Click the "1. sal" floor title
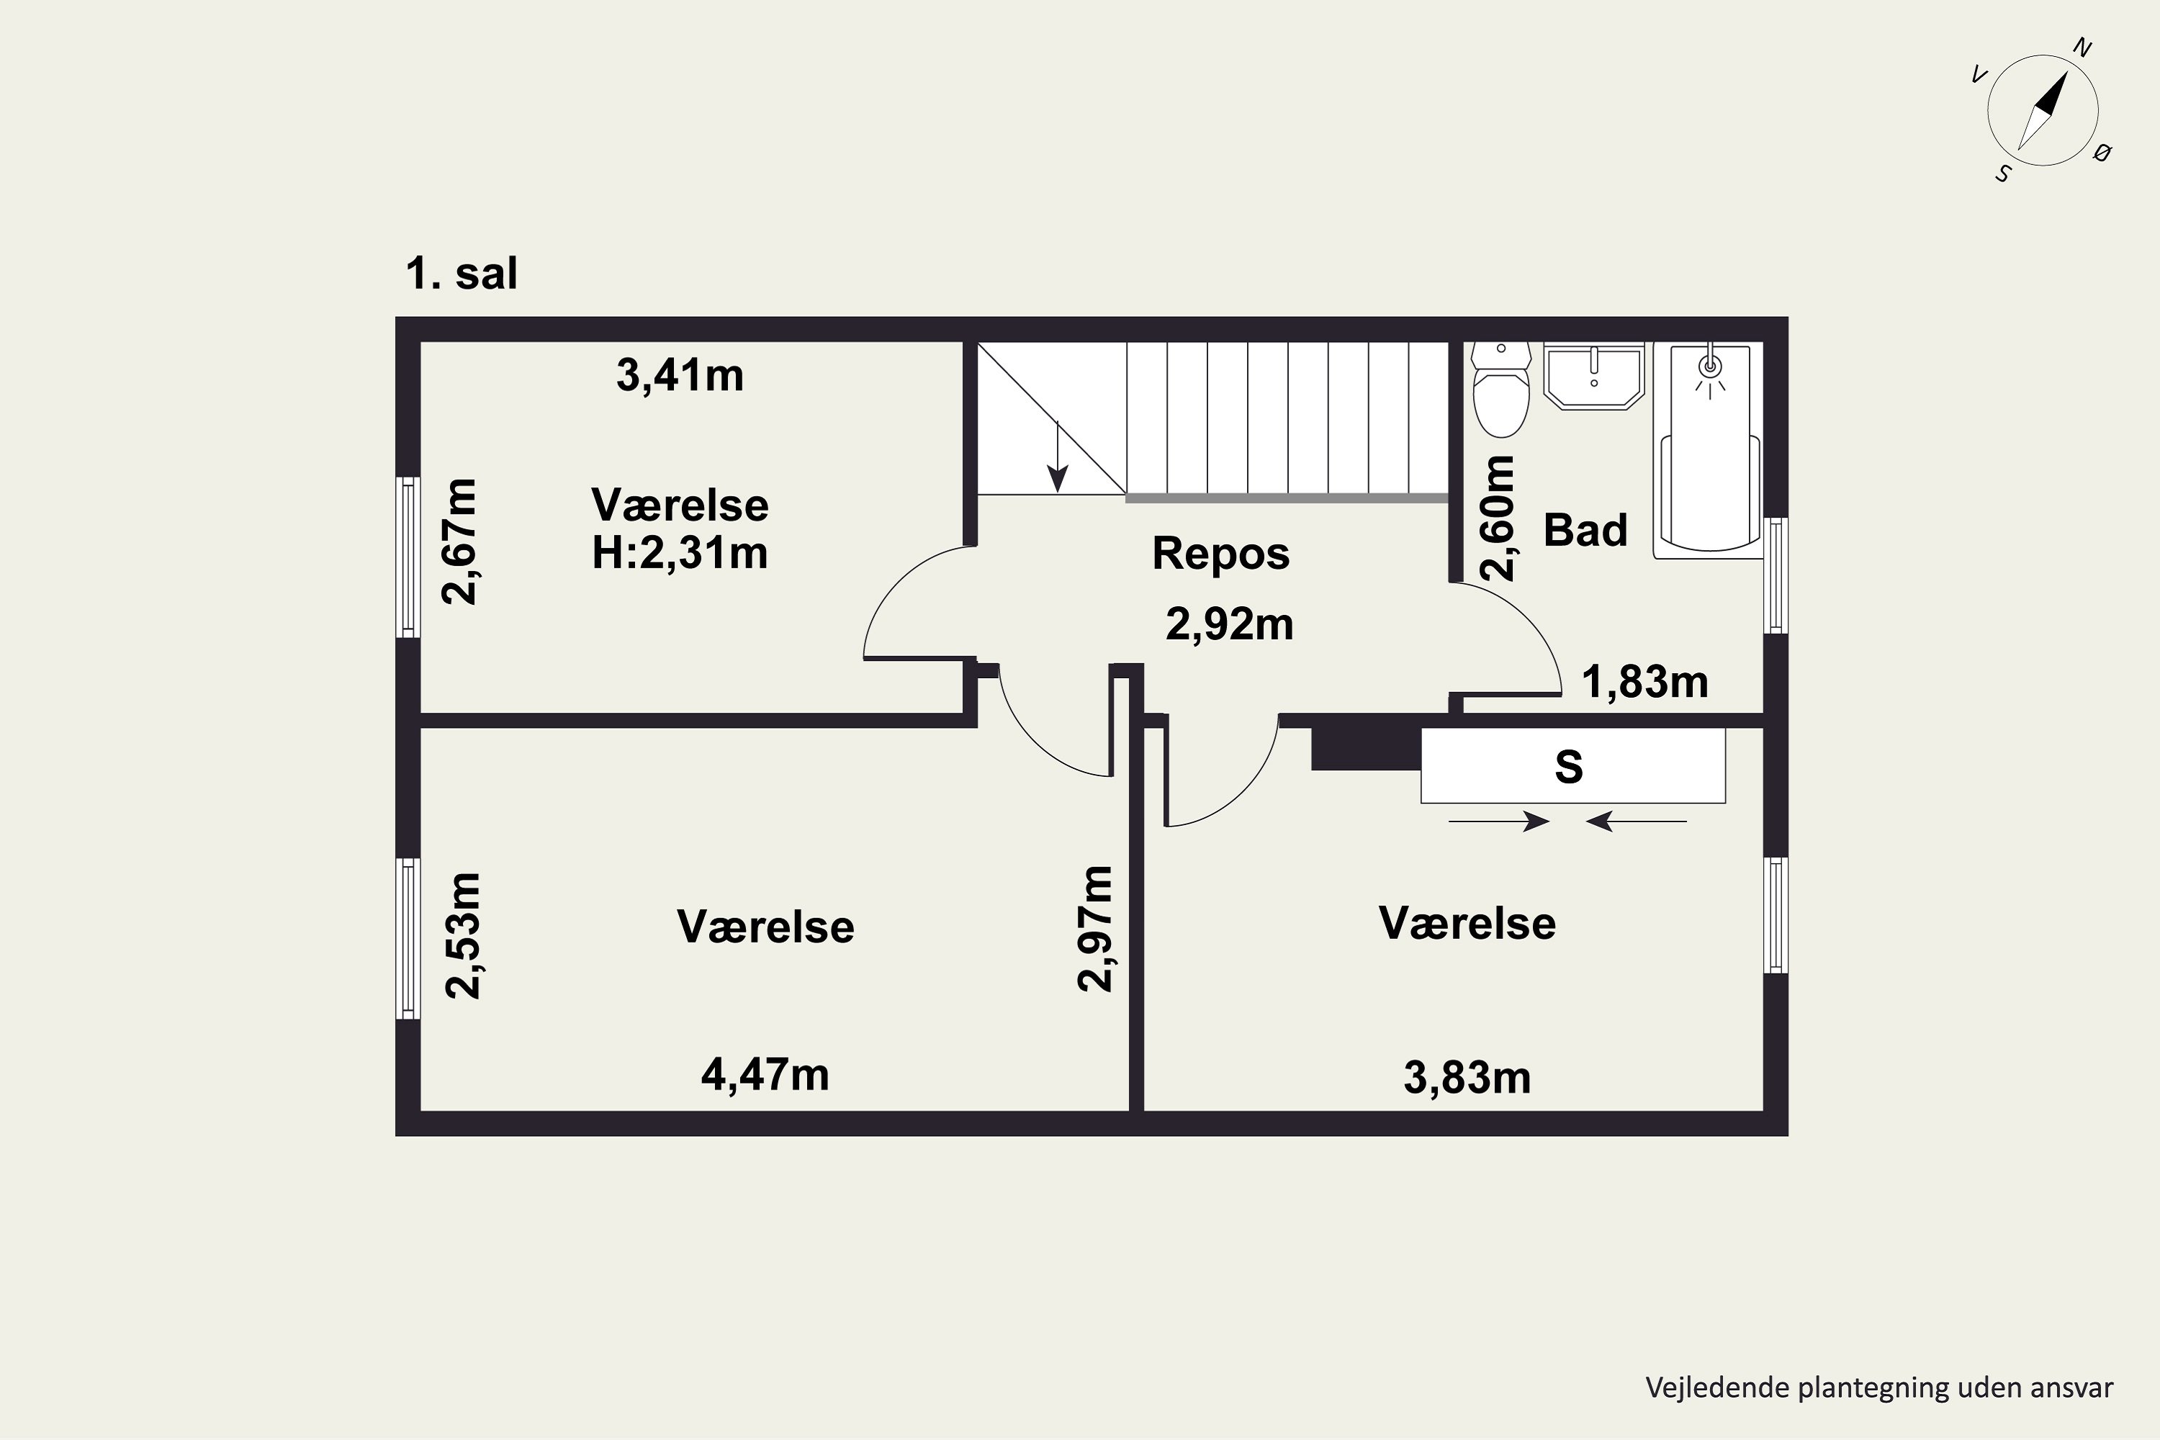462,274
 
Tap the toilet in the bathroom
1501,389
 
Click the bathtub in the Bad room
1710,451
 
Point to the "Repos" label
1220,553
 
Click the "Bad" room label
1585,530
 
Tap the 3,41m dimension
680,376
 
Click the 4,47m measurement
765,1074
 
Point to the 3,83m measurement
1467,1077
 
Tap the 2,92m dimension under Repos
1230,624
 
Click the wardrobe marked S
1572,766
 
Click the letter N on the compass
2083,48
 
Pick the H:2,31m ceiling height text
680,553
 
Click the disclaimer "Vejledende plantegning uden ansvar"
1879,1387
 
